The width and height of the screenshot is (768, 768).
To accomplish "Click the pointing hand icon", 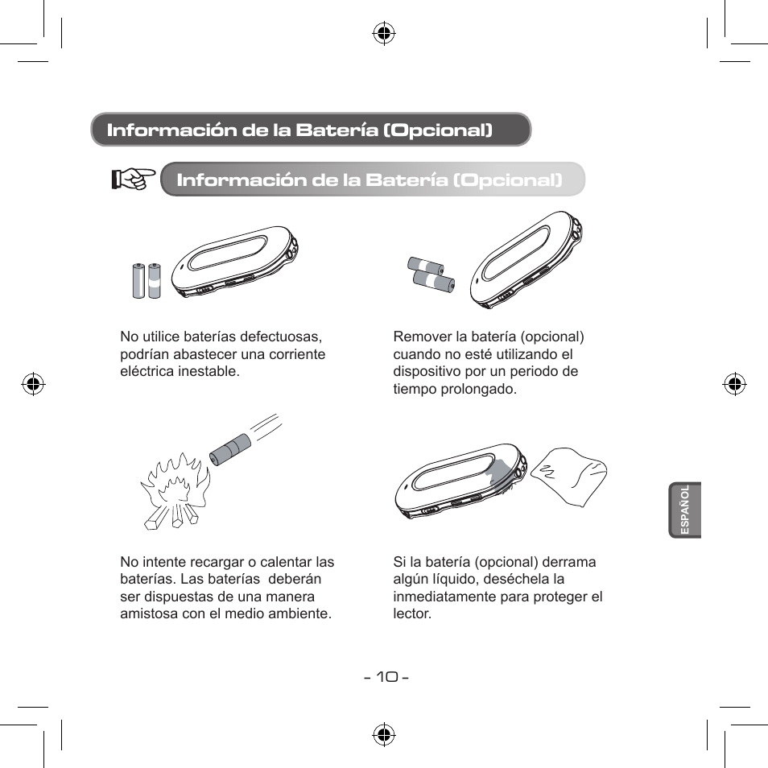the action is click(133, 179).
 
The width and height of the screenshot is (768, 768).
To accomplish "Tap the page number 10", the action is click(387, 677).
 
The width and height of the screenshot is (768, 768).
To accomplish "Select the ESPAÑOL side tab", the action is click(685, 510).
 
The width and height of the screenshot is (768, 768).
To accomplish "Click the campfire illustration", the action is click(175, 491).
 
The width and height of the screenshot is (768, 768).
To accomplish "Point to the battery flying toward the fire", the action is click(229, 449).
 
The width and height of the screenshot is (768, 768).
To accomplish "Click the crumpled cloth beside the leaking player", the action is click(570, 477).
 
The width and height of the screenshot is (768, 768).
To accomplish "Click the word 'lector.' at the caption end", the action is click(412, 613).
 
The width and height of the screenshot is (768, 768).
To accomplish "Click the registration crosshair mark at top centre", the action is click(384, 33).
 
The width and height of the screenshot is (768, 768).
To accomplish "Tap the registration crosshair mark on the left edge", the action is click(33, 384).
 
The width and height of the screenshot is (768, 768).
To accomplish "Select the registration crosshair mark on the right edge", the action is click(735, 384).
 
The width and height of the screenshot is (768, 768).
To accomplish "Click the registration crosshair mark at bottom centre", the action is click(384, 735).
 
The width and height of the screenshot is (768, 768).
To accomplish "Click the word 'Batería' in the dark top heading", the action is click(337, 130).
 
